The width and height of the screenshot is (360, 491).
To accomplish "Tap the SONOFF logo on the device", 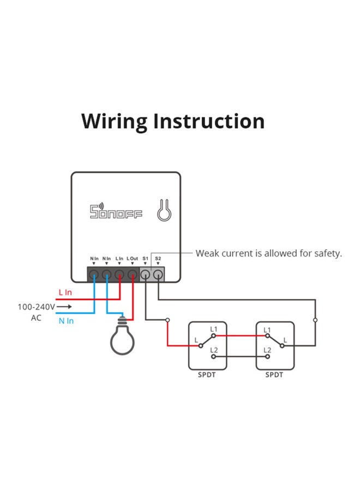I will (x=116, y=212).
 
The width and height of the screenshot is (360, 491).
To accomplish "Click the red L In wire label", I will (x=65, y=293).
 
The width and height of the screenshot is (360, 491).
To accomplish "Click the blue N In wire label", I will (x=66, y=321).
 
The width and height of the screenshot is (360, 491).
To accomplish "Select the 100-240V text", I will (x=36, y=307).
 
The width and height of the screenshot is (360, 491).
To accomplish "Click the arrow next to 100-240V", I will (x=64, y=307).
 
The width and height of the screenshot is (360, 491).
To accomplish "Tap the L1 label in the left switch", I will (x=213, y=330).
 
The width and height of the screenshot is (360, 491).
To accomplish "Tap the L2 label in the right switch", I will (x=267, y=350).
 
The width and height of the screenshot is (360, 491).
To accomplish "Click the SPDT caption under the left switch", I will (x=207, y=375).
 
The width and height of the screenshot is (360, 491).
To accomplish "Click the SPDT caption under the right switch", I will (x=274, y=375).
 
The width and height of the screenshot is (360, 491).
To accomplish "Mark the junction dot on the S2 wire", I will (x=315, y=320).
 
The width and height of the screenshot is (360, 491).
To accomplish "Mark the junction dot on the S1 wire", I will (x=167, y=320).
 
